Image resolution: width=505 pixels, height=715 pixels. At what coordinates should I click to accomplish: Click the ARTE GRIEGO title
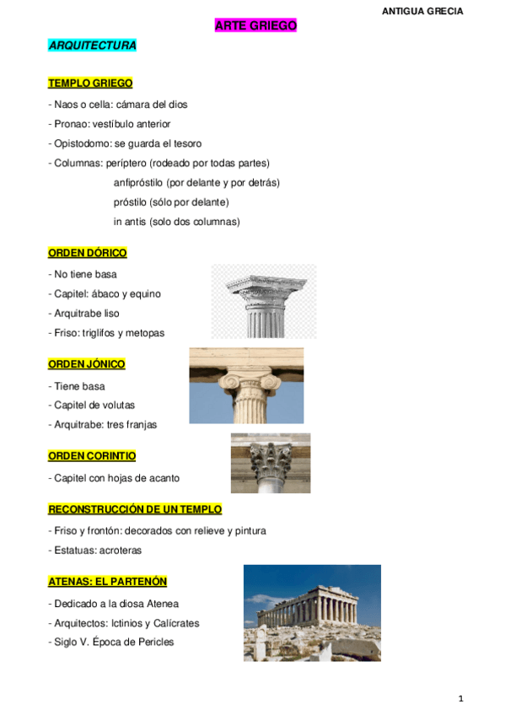pos(255,26)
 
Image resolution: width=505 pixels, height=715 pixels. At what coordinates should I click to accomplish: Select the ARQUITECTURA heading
pos(92,46)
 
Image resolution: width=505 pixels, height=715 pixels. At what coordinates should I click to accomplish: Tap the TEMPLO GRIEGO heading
pos(90,83)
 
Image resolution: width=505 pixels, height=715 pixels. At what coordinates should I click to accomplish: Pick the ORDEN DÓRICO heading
pos(88,253)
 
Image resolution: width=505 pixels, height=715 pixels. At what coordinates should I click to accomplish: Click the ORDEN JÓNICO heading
pos(87,364)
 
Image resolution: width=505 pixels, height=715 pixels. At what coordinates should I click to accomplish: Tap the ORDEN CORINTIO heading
pos(92,456)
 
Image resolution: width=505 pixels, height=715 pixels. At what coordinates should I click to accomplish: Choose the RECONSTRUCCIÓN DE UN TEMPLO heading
pos(135,509)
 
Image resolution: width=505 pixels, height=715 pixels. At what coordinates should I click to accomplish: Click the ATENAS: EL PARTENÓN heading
pos(108,582)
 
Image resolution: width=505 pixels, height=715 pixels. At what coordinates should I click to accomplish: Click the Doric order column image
pos(263,301)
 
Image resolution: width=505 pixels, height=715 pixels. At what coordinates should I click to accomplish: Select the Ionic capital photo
pos(246,385)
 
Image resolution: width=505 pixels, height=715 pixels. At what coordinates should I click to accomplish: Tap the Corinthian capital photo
pos(270,463)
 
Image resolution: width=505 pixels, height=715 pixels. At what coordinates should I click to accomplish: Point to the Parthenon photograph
pos(312,613)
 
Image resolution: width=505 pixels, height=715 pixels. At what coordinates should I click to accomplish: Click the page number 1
pos(461,699)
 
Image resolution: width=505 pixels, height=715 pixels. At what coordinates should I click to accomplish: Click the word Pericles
pos(154,642)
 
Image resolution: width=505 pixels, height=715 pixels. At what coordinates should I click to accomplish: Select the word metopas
pos(146,333)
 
